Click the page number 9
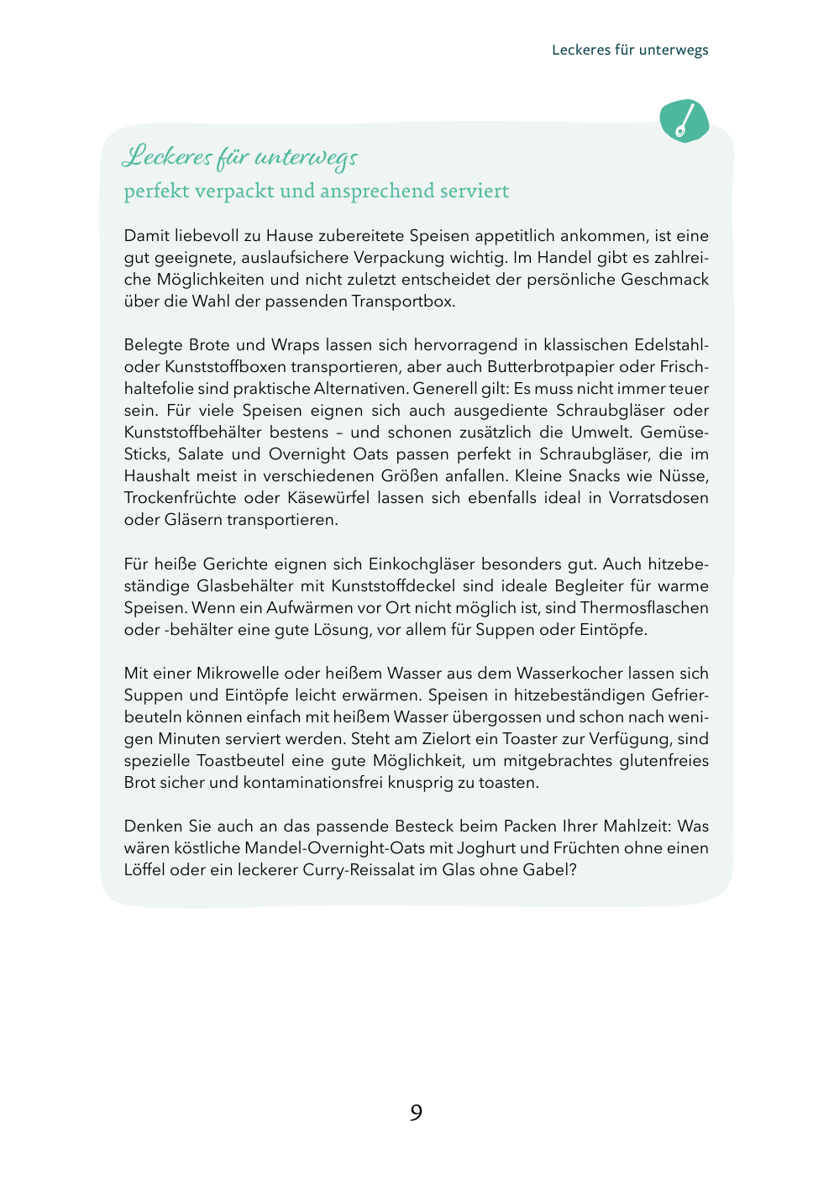pos(416,1113)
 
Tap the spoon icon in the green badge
pos(685,121)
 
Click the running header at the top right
pos(630,50)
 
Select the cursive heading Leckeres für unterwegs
pos(240,157)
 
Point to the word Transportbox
pos(402,302)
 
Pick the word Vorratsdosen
pos(658,498)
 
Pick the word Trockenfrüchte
pos(180,498)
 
